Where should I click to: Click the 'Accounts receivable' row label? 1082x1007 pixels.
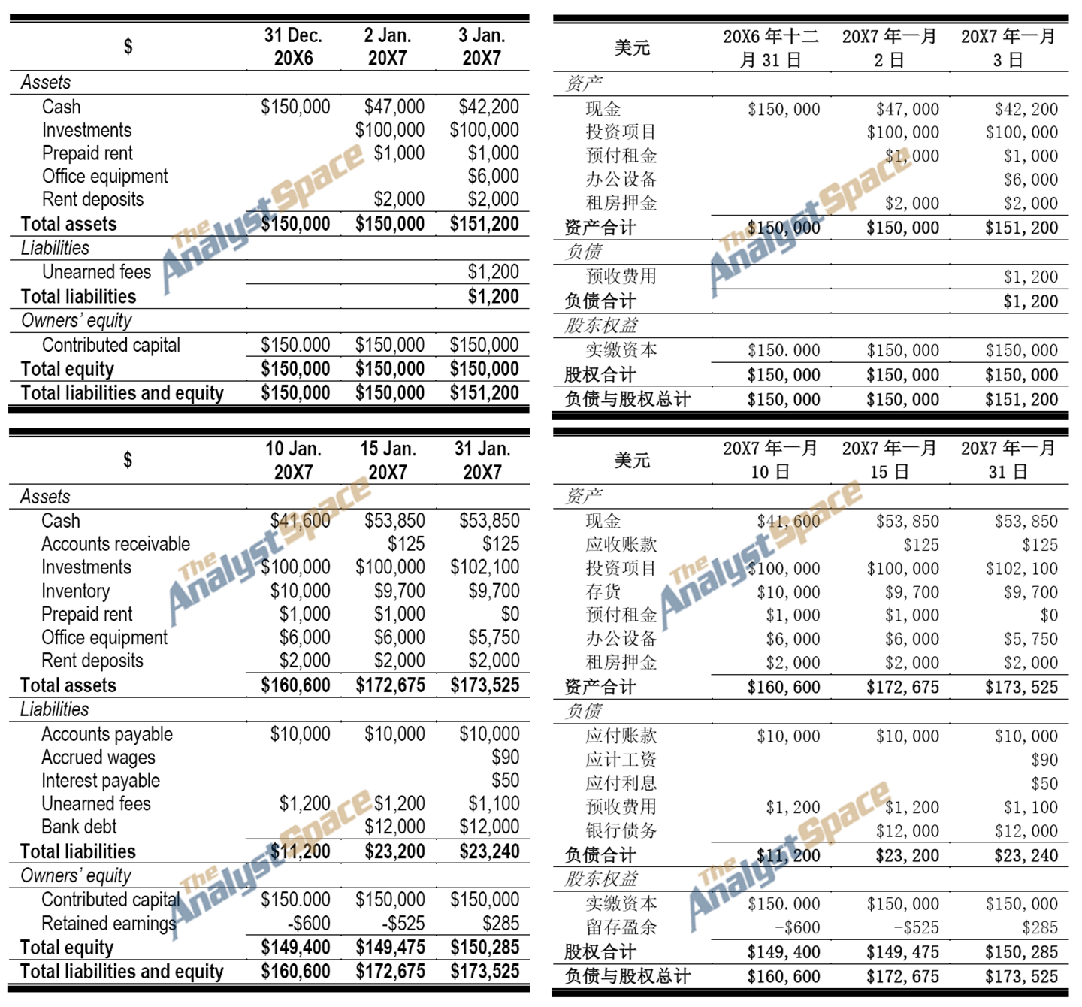pyautogui.click(x=116, y=544)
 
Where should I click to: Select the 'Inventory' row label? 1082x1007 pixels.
pyautogui.click(x=75, y=591)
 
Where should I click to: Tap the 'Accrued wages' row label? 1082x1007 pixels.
pyautogui.click(x=98, y=758)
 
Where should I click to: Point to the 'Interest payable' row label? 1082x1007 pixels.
pyautogui.click(x=101, y=781)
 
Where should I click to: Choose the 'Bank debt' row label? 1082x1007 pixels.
pyautogui.click(x=79, y=827)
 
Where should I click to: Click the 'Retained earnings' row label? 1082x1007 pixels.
pyautogui.click(x=109, y=924)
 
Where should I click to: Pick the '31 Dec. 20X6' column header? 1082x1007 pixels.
pyautogui.click(x=293, y=47)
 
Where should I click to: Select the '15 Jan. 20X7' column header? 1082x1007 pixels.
pyautogui.click(x=388, y=461)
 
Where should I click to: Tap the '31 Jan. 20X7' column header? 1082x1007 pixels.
pyautogui.click(x=482, y=461)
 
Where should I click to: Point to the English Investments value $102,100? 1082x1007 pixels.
pyautogui.click(x=485, y=567)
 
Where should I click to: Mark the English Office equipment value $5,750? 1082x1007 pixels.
pyautogui.click(x=494, y=638)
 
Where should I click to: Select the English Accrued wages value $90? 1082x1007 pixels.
pyautogui.click(x=506, y=758)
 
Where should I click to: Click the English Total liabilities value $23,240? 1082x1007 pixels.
pyautogui.click(x=485, y=851)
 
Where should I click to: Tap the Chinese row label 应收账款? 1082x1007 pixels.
pyautogui.click(x=621, y=545)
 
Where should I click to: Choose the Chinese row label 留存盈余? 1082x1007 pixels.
pyautogui.click(x=621, y=927)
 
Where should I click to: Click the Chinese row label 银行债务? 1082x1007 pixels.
pyautogui.click(x=621, y=830)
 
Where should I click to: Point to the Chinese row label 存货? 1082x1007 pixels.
pyautogui.click(x=603, y=592)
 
